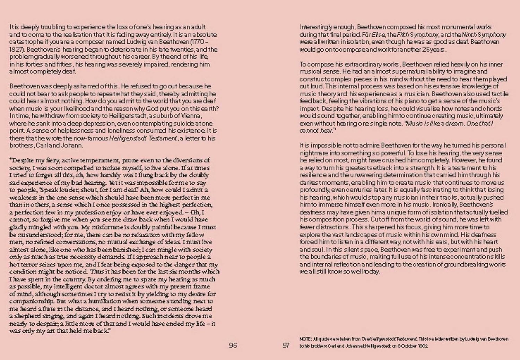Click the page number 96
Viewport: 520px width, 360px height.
point(233,345)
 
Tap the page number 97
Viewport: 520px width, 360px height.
point(286,345)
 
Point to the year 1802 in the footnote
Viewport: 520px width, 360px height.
point(422,346)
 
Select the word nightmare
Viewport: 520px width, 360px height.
point(314,153)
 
